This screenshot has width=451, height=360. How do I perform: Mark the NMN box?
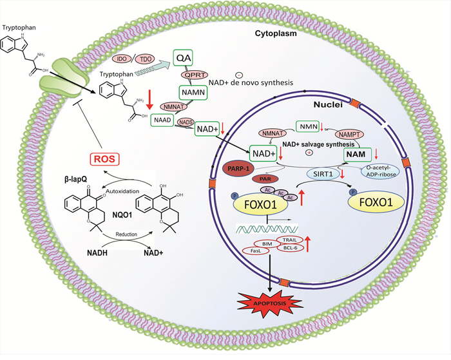[309, 127]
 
